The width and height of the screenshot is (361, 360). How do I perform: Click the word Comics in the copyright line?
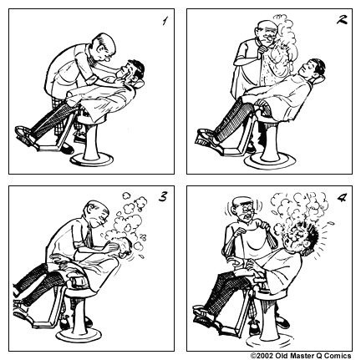click(339, 355)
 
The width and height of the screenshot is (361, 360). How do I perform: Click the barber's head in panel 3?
click(94, 213)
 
